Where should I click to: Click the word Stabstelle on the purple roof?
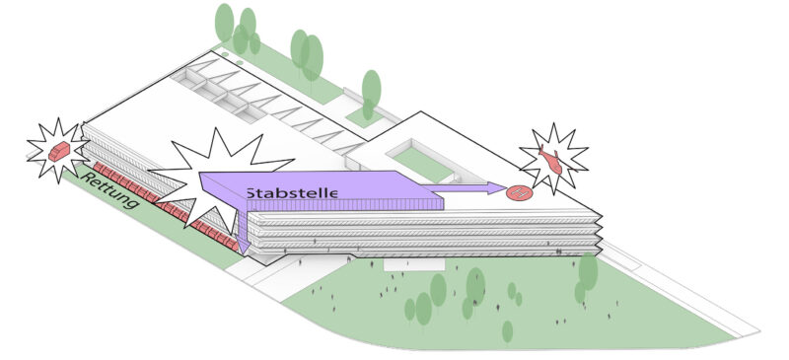[x=292, y=192]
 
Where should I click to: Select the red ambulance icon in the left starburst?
[x=59, y=151]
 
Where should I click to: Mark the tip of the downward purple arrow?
[x=242, y=251]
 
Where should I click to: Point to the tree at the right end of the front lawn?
[x=588, y=271]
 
